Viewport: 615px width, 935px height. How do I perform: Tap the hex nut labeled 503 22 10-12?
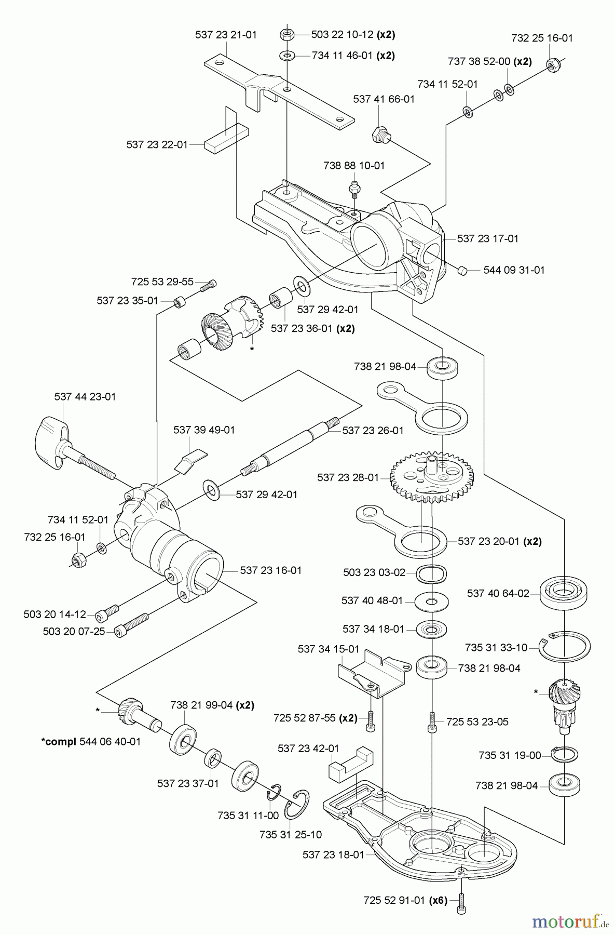287,35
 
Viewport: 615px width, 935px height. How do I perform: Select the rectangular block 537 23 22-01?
225,140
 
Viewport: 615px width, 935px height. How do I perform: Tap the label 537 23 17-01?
487,238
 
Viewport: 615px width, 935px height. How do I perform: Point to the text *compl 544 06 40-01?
90,741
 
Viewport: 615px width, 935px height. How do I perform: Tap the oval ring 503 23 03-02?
432,573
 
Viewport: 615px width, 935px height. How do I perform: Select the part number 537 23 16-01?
270,570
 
